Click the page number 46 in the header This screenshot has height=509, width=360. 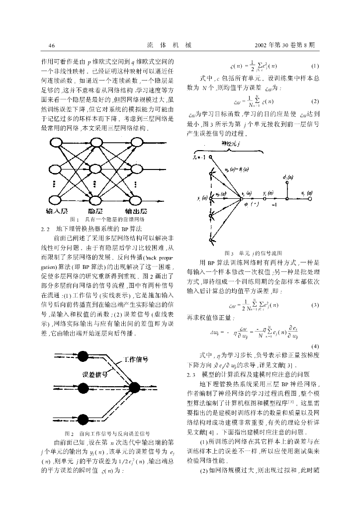pos(51,46)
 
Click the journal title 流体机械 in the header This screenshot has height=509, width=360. pos(170,46)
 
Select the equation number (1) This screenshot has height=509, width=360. pos(314,66)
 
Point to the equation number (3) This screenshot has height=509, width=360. pos(314,305)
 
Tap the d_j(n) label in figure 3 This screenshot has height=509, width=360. pos(287,177)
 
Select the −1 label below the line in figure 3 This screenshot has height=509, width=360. pos(273,203)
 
